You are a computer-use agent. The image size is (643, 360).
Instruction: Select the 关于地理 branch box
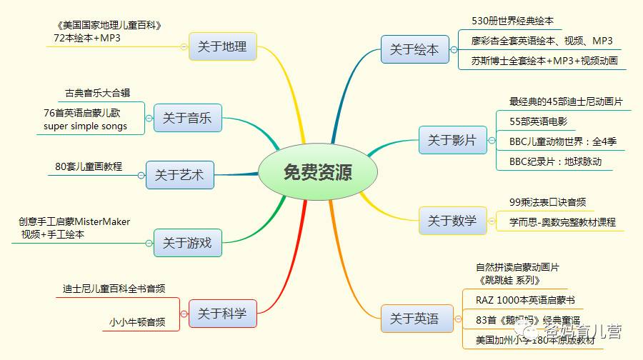[x=222, y=46]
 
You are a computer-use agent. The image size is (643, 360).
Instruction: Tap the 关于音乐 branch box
[x=187, y=118]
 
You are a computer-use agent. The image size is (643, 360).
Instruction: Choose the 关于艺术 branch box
[x=179, y=174]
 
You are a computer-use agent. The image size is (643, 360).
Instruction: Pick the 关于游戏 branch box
[x=187, y=243]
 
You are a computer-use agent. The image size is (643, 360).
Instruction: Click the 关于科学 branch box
[x=222, y=313]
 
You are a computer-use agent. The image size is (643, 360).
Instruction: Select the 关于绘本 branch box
[x=414, y=50]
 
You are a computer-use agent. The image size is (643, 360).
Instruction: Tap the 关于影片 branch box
[x=452, y=140]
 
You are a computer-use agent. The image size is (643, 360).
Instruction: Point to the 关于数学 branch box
[x=452, y=221]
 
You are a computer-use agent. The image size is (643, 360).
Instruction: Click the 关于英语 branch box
[x=414, y=318]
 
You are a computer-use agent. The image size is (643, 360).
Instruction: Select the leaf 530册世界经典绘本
[x=512, y=21]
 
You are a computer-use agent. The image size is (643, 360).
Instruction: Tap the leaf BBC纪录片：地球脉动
[x=556, y=161]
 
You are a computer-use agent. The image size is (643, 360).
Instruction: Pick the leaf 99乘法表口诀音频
[x=548, y=203]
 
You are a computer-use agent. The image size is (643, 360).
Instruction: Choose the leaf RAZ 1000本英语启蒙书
[x=525, y=299]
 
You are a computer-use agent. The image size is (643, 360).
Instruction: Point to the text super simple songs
[x=81, y=126]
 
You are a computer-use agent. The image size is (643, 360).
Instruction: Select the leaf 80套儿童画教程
[x=89, y=166]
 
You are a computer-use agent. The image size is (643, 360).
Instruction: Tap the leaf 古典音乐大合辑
[x=97, y=93]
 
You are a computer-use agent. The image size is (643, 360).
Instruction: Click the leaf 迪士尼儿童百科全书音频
[x=114, y=289]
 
